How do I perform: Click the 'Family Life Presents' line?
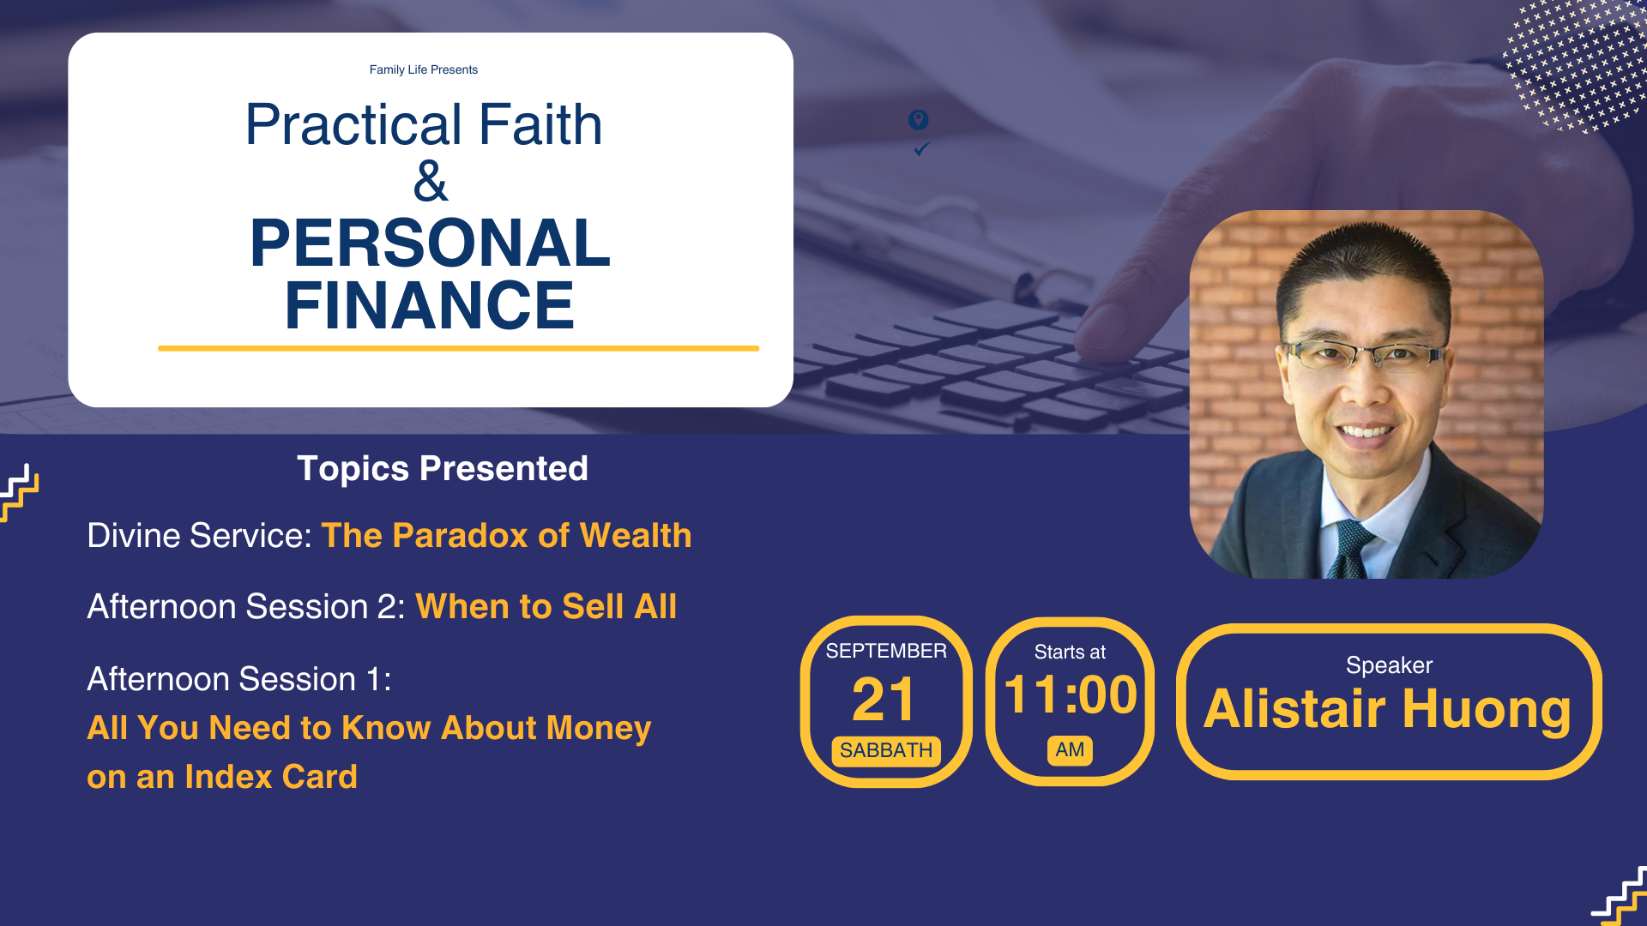[x=424, y=69]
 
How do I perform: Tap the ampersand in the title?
[x=431, y=181]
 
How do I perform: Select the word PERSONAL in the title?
[x=430, y=243]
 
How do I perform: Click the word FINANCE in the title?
[x=430, y=304]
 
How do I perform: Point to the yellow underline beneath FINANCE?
[x=458, y=348]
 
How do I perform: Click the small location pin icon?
[x=918, y=120]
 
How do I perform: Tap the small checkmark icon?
[x=921, y=149]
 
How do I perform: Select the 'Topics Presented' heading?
[x=443, y=469]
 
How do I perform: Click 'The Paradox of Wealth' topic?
[x=507, y=536]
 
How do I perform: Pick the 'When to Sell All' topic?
[x=546, y=607]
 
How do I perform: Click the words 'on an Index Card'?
[x=222, y=777]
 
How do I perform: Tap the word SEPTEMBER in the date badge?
[x=886, y=651]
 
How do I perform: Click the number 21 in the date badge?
[x=884, y=700]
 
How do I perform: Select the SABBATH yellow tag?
[x=886, y=751]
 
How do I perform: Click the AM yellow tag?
[x=1070, y=750]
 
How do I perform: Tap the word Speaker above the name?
[x=1389, y=665]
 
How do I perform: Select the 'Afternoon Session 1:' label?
[x=239, y=679]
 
